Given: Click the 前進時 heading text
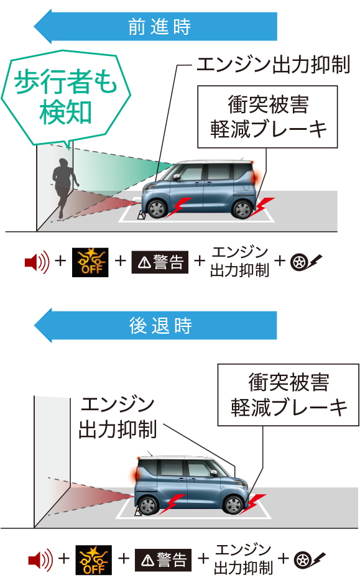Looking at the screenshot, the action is click(159, 27).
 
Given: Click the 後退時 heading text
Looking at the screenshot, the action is click(160, 325).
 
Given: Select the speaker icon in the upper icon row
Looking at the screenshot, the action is click(37, 262).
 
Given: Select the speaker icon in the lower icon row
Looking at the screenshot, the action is click(40, 560).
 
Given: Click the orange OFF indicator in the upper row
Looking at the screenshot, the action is click(90, 262).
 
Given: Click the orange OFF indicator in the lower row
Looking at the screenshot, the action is click(94, 560).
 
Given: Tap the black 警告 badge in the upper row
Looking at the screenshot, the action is click(160, 262).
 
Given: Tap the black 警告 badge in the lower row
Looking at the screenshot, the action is click(163, 560).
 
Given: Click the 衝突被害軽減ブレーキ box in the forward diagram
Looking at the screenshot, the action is click(268, 117).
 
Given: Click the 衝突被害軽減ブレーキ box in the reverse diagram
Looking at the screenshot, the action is click(288, 395).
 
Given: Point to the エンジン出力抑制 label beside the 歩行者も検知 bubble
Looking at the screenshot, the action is click(274, 65).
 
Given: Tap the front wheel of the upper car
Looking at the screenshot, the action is click(157, 208).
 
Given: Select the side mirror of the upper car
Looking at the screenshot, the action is click(177, 177).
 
